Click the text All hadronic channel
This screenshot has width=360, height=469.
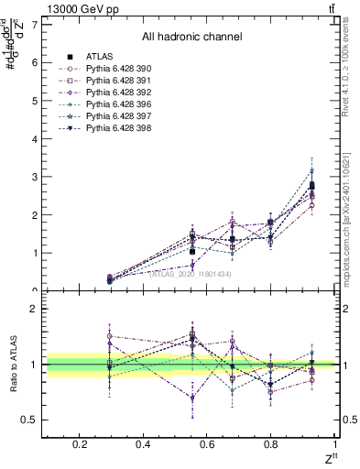tap(191, 38)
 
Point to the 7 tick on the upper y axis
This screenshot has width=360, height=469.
tap(34, 25)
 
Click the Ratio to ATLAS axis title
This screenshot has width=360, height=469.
tap(14, 366)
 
